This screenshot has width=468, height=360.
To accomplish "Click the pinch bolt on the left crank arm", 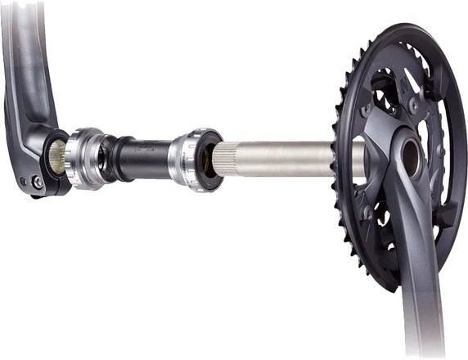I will pos(37,182).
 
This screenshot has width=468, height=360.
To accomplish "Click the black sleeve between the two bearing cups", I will pos(143,156).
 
